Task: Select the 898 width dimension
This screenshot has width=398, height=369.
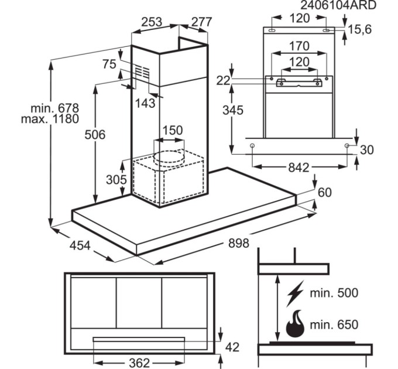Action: tap(239, 243)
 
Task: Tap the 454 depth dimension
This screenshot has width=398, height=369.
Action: tap(80, 245)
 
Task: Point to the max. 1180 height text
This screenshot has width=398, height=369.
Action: tap(50, 119)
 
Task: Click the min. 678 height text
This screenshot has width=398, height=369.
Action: tap(55, 108)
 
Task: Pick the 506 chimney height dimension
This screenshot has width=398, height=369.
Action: tap(95, 135)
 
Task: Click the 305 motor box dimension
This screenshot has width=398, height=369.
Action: tap(116, 180)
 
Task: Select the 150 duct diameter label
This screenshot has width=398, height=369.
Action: tap(172, 131)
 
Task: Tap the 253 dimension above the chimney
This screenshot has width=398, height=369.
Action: tap(152, 22)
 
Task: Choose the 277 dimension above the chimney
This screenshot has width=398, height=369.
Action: tap(201, 22)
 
